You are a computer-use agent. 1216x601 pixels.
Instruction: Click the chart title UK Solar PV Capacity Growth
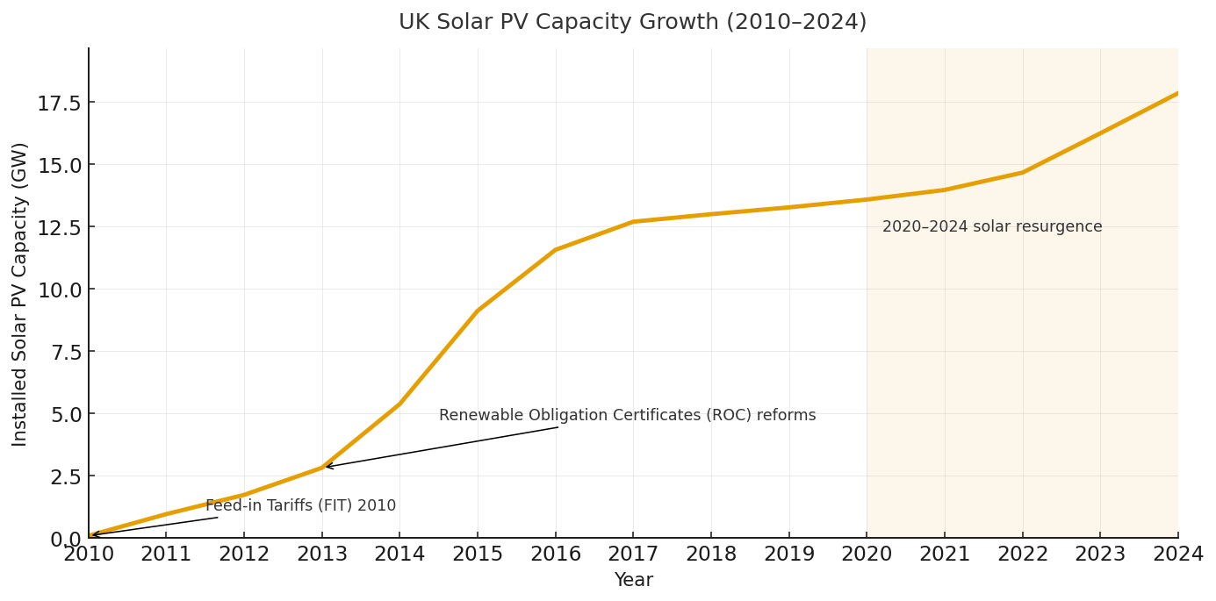click(632, 22)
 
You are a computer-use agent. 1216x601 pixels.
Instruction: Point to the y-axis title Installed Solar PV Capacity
click(20, 294)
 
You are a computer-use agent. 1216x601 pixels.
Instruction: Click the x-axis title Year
click(633, 581)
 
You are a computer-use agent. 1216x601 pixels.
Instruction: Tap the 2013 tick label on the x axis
click(322, 554)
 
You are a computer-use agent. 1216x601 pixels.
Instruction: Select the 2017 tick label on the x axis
click(633, 554)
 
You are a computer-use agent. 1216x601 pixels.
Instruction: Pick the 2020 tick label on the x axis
click(867, 554)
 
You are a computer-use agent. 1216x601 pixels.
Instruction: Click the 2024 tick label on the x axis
click(1177, 554)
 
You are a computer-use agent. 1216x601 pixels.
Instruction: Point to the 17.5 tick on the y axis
click(59, 104)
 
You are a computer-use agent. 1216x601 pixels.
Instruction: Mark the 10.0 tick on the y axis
click(59, 290)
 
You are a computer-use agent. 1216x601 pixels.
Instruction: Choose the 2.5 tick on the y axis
click(65, 476)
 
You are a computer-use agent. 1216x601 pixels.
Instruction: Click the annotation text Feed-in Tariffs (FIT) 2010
click(300, 506)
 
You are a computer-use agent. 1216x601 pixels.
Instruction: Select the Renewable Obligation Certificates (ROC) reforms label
click(627, 416)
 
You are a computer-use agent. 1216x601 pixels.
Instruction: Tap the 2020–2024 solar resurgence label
click(992, 227)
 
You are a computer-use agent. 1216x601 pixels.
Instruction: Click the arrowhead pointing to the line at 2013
click(327, 467)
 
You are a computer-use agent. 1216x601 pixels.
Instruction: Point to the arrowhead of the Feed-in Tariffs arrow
click(93, 535)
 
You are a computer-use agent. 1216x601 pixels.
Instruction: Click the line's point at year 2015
click(478, 311)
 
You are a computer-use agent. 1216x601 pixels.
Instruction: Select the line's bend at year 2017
click(633, 222)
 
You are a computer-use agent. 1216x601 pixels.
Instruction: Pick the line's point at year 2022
click(1022, 172)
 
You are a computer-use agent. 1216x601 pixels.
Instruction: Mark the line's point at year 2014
click(399, 404)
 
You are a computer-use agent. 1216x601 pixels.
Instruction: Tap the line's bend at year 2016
click(555, 250)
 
